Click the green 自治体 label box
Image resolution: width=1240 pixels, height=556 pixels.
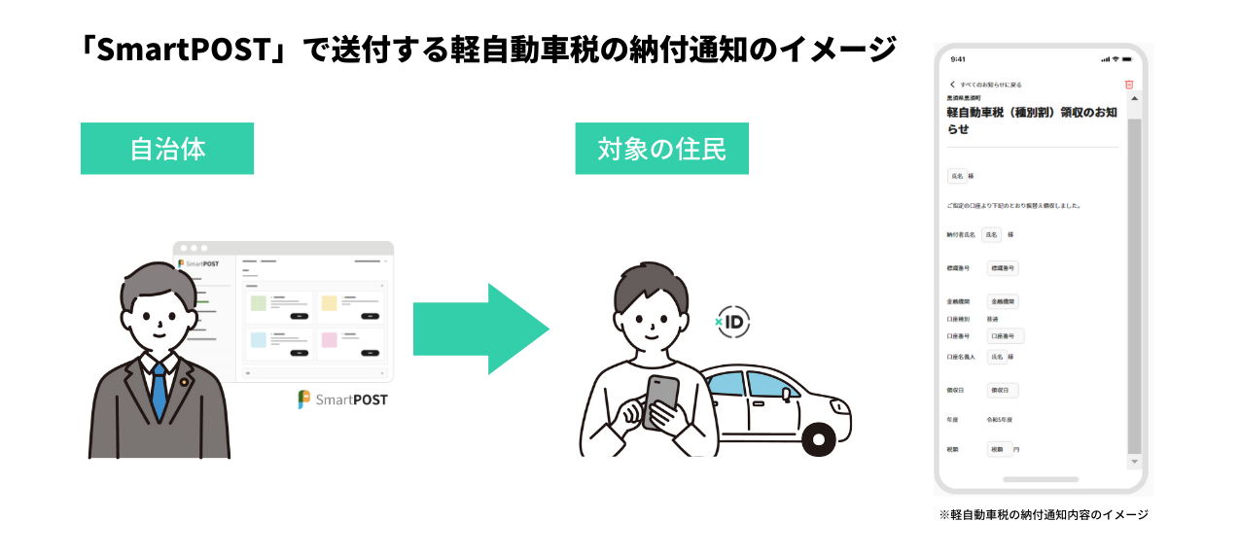(167, 149)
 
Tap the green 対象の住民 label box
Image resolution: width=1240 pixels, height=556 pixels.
(661, 149)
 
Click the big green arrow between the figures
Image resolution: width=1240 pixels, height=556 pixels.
(481, 330)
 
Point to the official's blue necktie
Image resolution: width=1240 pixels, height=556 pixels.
(159, 393)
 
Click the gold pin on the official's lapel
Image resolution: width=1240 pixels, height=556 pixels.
(184, 382)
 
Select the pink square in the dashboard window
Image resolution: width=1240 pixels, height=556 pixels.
(329, 340)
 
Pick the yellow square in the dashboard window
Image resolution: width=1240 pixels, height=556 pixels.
(329, 303)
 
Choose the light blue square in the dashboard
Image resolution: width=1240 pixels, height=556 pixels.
(258, 340)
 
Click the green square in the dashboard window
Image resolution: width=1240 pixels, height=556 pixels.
(258, 303)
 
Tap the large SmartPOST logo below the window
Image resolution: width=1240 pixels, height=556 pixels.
(342, 400)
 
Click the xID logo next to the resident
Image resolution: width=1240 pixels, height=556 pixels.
(732, 322)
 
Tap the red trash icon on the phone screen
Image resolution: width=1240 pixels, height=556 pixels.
(1129, 85)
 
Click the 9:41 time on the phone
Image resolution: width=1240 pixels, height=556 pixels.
(958, 59)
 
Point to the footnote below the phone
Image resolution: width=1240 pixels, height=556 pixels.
(1044, 514)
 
